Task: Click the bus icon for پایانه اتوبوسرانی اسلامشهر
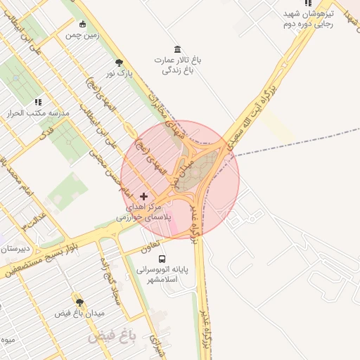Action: [x=162, y=259]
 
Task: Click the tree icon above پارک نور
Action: [x=119, y=62]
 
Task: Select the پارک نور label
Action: [x=119, y=72]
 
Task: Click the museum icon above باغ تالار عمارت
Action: [x=176, y=49]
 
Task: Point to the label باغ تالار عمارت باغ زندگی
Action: [x=177, y=65]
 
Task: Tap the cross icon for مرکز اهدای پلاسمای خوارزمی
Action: [x=144, y=195]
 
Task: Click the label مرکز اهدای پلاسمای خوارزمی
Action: [x=144, y=213]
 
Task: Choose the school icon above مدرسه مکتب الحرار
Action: [x=37, y=102]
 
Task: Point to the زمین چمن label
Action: [x=83, y=34]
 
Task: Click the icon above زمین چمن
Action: [x=83, y=24]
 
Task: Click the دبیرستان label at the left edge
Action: [x=14, y=248]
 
